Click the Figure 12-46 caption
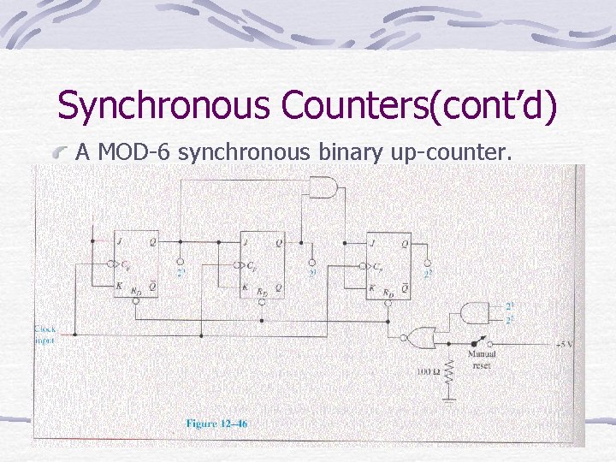(x=216, y=423)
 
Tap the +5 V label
(x=564, y=344)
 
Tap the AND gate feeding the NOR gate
(x=473, y=313)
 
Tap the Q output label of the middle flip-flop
(x=278, y=242)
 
